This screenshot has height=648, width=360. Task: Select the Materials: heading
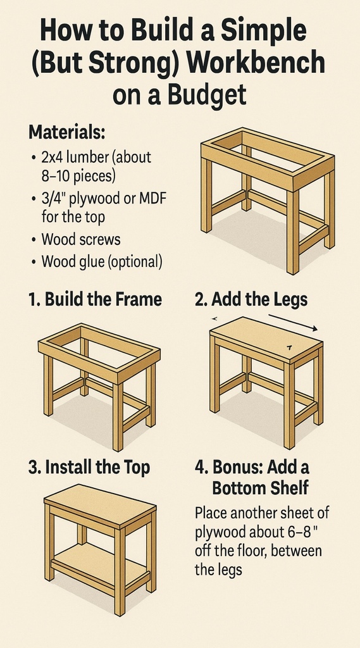[67, 133]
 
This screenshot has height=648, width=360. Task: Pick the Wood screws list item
[80, 240]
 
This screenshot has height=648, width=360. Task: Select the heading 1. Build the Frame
[95, 299]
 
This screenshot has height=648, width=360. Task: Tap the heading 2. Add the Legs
[251, 299]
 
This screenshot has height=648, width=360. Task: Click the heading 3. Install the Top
[89, 467]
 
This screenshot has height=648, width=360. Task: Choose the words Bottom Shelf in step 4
[261, 488]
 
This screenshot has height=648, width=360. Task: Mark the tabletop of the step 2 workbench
[266, 339]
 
